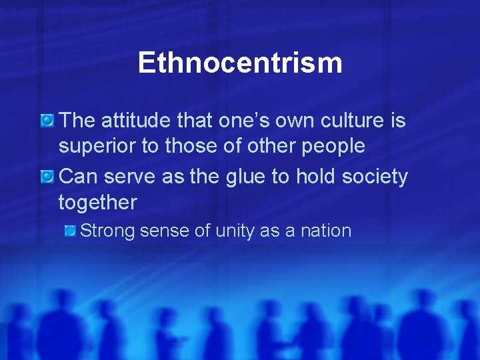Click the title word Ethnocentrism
point(240,63)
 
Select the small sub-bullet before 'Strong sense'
point(70,231)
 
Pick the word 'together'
point(97,202)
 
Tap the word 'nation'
point(325,231)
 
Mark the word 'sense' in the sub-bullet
point(165,231)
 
